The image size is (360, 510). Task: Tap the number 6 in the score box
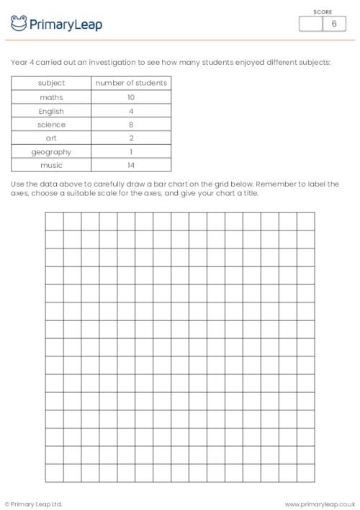click(333, 24)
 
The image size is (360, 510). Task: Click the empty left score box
click(310, 24)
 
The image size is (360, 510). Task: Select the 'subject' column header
click(51, 83)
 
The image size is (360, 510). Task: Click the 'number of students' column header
click(131, 83)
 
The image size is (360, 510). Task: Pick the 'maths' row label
click(51, 97)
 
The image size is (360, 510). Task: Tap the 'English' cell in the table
click(51, 111)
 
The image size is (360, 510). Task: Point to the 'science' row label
click(51, 125)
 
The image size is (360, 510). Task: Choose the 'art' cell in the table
click(51, 138)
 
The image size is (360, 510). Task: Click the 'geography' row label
click(51, 152)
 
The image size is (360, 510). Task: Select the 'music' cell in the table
click(51, 166)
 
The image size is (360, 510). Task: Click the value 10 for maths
click(131, 97)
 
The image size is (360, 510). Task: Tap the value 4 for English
click(131, 111)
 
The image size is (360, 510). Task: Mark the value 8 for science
click(131, 125)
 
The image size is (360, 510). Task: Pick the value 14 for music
click(131, 166)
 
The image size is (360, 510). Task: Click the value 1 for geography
click(131, 152)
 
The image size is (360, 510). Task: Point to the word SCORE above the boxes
click(322, 11)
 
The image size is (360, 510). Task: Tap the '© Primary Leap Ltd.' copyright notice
click(34, 504)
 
